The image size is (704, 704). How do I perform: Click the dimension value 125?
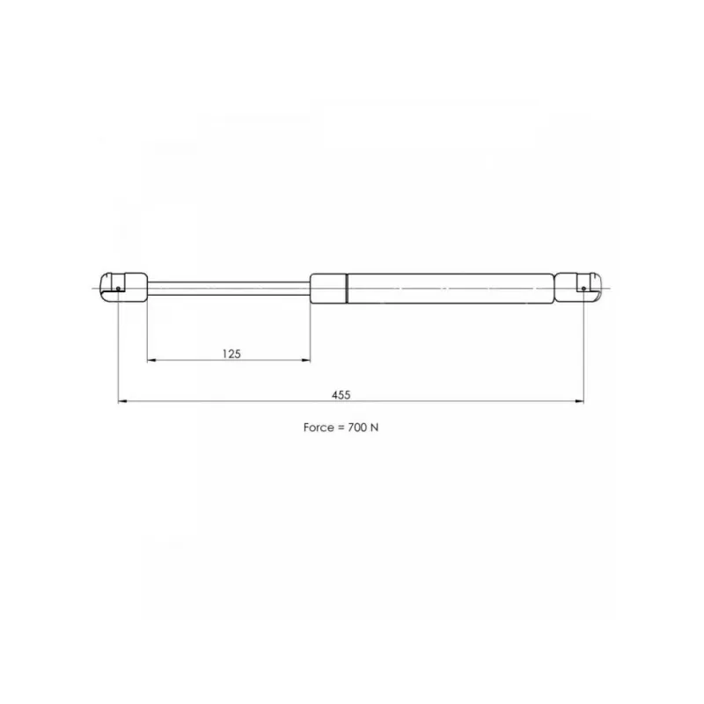point(231,354)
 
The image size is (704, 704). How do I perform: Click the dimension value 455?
point(341,395)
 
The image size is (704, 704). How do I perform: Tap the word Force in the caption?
point(319,428)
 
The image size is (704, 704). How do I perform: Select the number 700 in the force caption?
point(357,428)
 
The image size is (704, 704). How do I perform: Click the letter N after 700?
point(375,428)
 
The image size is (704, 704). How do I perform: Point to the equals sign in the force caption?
point(341,428)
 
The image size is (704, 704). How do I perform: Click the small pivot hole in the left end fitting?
point(118,289)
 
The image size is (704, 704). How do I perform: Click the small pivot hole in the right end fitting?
point(583,289)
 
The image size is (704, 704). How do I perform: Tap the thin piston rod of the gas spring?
point(229,289)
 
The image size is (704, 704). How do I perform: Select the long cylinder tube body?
point(451,289)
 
